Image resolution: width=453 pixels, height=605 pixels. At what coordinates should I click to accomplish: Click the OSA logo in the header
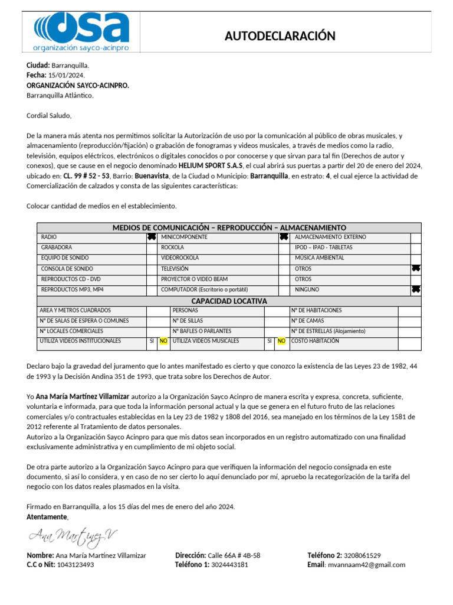(x=81, y=31)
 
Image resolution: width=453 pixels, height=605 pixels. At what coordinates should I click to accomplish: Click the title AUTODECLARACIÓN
(x=280, y=36)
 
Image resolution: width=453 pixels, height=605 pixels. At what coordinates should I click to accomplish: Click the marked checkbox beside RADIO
(x=152, y=237)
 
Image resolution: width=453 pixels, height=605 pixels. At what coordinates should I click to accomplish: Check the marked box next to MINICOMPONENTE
(x=284, y=237)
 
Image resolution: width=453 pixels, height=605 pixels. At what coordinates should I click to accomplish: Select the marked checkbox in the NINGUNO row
(x=416, y=290)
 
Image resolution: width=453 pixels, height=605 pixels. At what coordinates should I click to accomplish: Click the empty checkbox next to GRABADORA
(x=152, y=248)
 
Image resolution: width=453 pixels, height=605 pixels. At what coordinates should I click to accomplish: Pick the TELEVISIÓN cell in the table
(x=176, y=269)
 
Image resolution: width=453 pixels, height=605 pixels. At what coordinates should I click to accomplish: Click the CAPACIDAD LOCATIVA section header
(x=229, y=301)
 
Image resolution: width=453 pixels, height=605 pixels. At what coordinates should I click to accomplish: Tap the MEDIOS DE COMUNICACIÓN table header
(x=229, y=227)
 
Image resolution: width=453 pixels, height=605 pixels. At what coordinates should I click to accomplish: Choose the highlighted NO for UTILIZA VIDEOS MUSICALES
(x=281, y=341)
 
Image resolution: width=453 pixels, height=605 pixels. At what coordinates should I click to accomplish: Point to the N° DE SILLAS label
(x=188, y=321)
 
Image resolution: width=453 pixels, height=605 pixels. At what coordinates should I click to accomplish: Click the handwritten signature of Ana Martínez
(x=73, y=536)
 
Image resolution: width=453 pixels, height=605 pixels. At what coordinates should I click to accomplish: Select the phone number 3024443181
(x=229, y=565)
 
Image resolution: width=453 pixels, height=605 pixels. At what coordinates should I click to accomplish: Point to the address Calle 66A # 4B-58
(x=234, y=555)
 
